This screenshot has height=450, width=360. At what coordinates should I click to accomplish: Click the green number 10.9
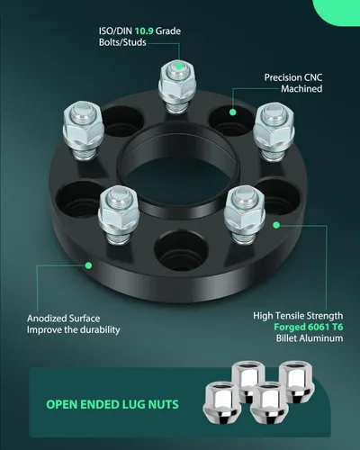144,31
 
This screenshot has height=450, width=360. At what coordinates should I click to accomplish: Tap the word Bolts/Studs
122,42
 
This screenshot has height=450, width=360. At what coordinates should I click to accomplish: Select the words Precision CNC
293,77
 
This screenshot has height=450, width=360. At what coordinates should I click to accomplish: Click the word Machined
301,89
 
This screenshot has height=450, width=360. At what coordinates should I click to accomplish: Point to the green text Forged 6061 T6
309,327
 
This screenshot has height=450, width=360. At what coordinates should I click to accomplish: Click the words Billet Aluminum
310,338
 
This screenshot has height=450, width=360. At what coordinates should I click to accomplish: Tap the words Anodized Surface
64,319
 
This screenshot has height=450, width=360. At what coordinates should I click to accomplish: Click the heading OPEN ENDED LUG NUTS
112,404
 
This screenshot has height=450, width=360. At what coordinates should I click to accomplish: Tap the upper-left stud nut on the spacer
84,130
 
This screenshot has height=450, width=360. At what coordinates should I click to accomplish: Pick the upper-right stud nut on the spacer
274,130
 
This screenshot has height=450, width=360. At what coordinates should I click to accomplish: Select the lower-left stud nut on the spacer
118,213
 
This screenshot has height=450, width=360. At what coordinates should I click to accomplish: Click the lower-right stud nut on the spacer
245,213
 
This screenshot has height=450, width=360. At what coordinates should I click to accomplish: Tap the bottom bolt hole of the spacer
181,250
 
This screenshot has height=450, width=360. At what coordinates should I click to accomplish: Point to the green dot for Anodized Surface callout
88,265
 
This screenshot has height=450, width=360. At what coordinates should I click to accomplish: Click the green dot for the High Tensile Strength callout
276,225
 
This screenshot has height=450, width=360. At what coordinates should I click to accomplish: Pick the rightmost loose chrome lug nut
297,382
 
